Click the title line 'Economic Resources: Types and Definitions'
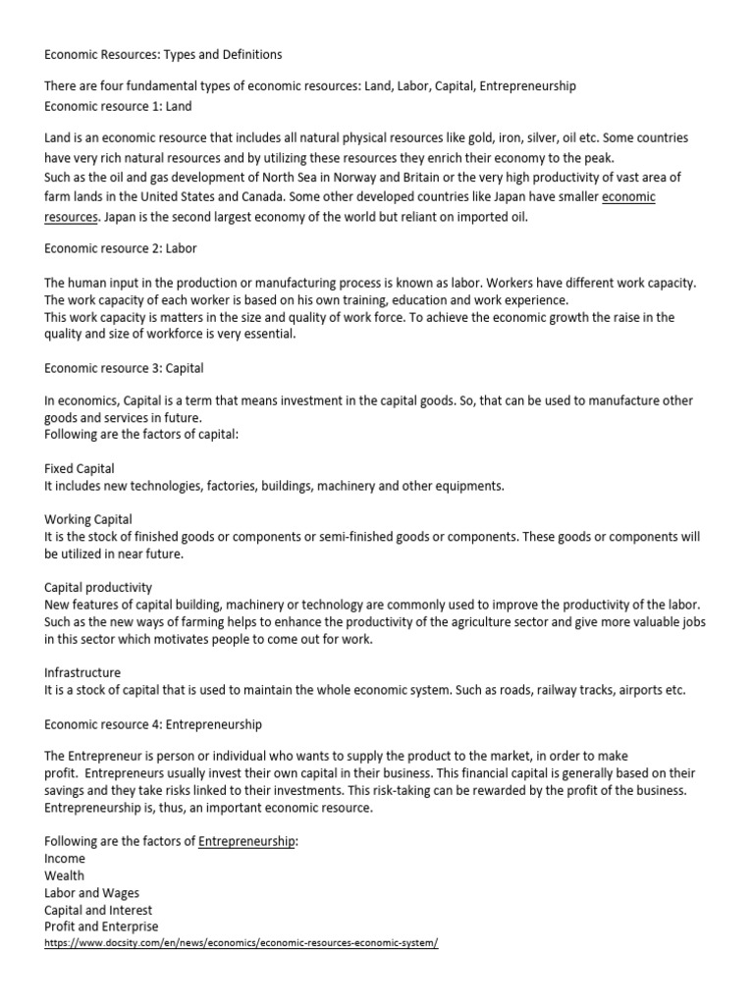(x=163, y=54)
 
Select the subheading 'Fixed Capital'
(x=80, y=469)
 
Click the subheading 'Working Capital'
(x=88, y=519)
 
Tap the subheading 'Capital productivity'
(x=98, y=587)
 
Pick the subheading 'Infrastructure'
(x=82, y=672)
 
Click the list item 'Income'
(x=65, y=859)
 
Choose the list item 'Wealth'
(x=65, y=875)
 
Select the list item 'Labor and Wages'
(x=92, y=892)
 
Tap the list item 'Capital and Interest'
(x=98, y=910)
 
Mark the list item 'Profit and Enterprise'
(x=101, y=926)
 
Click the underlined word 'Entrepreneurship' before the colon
(x=246, y=841)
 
